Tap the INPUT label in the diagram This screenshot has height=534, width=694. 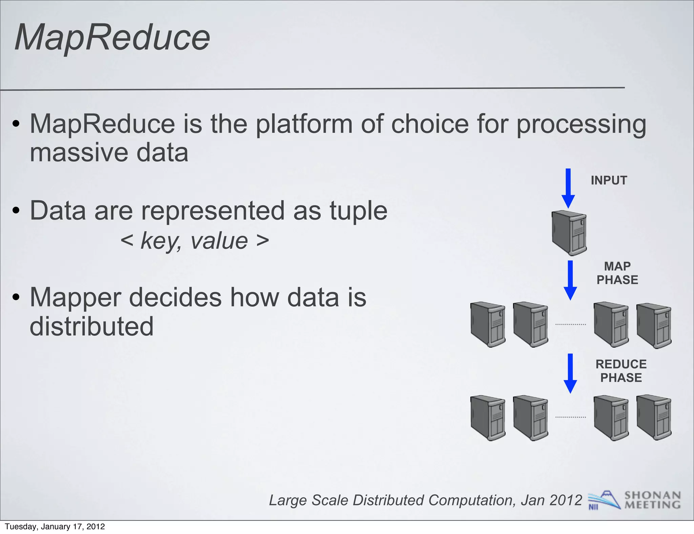[609, 180]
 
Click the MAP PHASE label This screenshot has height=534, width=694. [617, 273]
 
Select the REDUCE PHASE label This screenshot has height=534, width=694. [621, 371]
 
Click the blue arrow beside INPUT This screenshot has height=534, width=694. [568, 188]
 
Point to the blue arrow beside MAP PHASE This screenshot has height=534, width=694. [570, 280]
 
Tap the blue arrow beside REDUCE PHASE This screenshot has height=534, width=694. [570, 373]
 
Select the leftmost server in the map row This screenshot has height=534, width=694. [488, 325]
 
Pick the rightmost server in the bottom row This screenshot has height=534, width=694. [654, 417]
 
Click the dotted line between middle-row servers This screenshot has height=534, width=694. [571, 325]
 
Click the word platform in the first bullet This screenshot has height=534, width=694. [304, 124]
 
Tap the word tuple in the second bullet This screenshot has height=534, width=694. [358, 211]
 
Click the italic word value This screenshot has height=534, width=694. [219, 241]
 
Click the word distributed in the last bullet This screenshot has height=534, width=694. [91, 326]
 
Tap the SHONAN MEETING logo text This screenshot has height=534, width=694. [652, 500]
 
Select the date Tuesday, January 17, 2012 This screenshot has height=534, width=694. [55, 527]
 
